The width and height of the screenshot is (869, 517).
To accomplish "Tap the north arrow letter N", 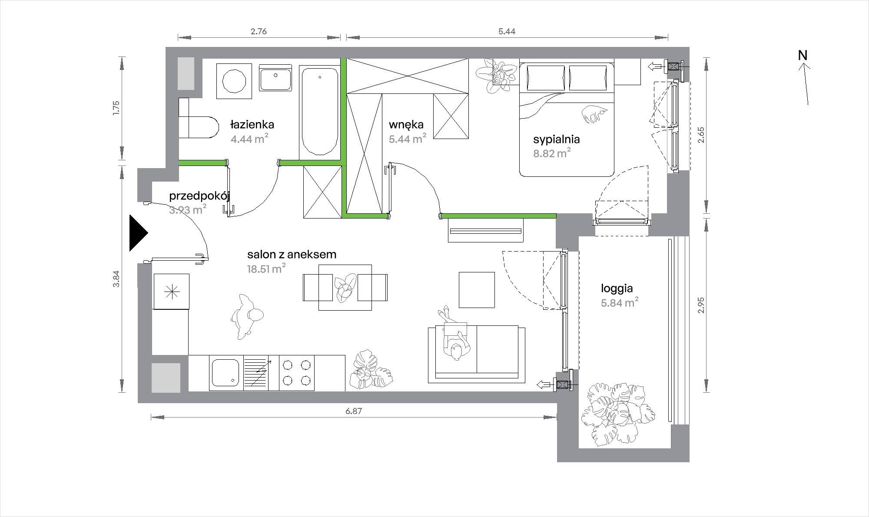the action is tap(803, 56).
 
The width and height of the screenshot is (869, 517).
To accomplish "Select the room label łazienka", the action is tap(252, 125).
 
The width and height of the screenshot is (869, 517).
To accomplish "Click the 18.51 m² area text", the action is tap(266, 268).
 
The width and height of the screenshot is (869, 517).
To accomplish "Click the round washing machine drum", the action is tap(235, 81).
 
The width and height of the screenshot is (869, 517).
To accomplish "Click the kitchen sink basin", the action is tap(225, 373).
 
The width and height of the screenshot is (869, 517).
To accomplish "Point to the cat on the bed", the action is tap(594, 113).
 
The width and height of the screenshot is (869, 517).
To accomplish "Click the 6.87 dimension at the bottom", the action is tap(354, 411).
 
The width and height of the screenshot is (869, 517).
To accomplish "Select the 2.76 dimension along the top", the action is tap(259, 31).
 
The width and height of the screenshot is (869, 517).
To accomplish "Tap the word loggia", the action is tap(617, 288).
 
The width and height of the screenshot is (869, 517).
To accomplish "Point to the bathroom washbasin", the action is tap(275, 78).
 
